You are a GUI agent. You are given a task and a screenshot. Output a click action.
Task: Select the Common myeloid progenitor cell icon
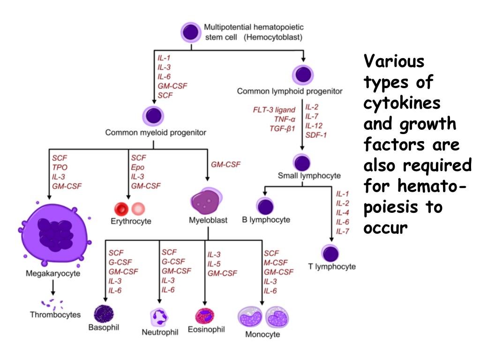(153, 116)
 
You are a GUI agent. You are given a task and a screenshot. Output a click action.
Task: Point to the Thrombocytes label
(55, 315)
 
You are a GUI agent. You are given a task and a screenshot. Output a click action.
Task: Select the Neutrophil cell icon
(159, 317)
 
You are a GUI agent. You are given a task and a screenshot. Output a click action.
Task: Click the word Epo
(138, 167)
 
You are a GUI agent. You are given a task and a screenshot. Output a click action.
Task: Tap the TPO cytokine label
(60, 167)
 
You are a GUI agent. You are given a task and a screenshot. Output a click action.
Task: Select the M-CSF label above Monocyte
(276, 262)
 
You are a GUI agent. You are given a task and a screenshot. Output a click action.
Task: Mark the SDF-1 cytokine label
(316, 135)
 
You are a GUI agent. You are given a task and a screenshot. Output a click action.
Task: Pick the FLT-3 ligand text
(274, 110)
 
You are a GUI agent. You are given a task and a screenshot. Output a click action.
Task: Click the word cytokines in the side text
(401, 102)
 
